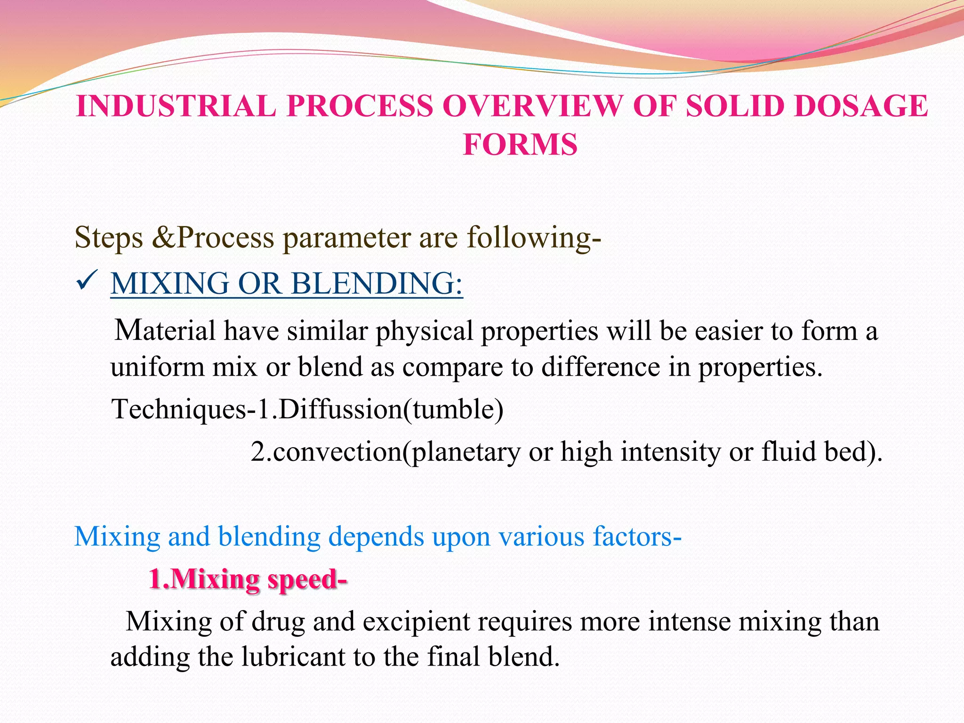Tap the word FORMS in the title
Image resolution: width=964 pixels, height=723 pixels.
[520, 145]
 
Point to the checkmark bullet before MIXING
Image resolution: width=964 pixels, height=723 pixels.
[86, 283]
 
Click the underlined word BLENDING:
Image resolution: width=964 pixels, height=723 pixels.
[377, 284]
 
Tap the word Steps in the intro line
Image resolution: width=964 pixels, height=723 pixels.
[109, 237]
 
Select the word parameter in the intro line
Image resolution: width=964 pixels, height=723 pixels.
[346, 238]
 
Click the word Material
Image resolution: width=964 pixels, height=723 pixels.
[165, 330]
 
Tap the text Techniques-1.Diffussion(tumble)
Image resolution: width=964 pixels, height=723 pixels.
[307, 409]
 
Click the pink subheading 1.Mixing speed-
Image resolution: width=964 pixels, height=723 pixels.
[248, 579]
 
